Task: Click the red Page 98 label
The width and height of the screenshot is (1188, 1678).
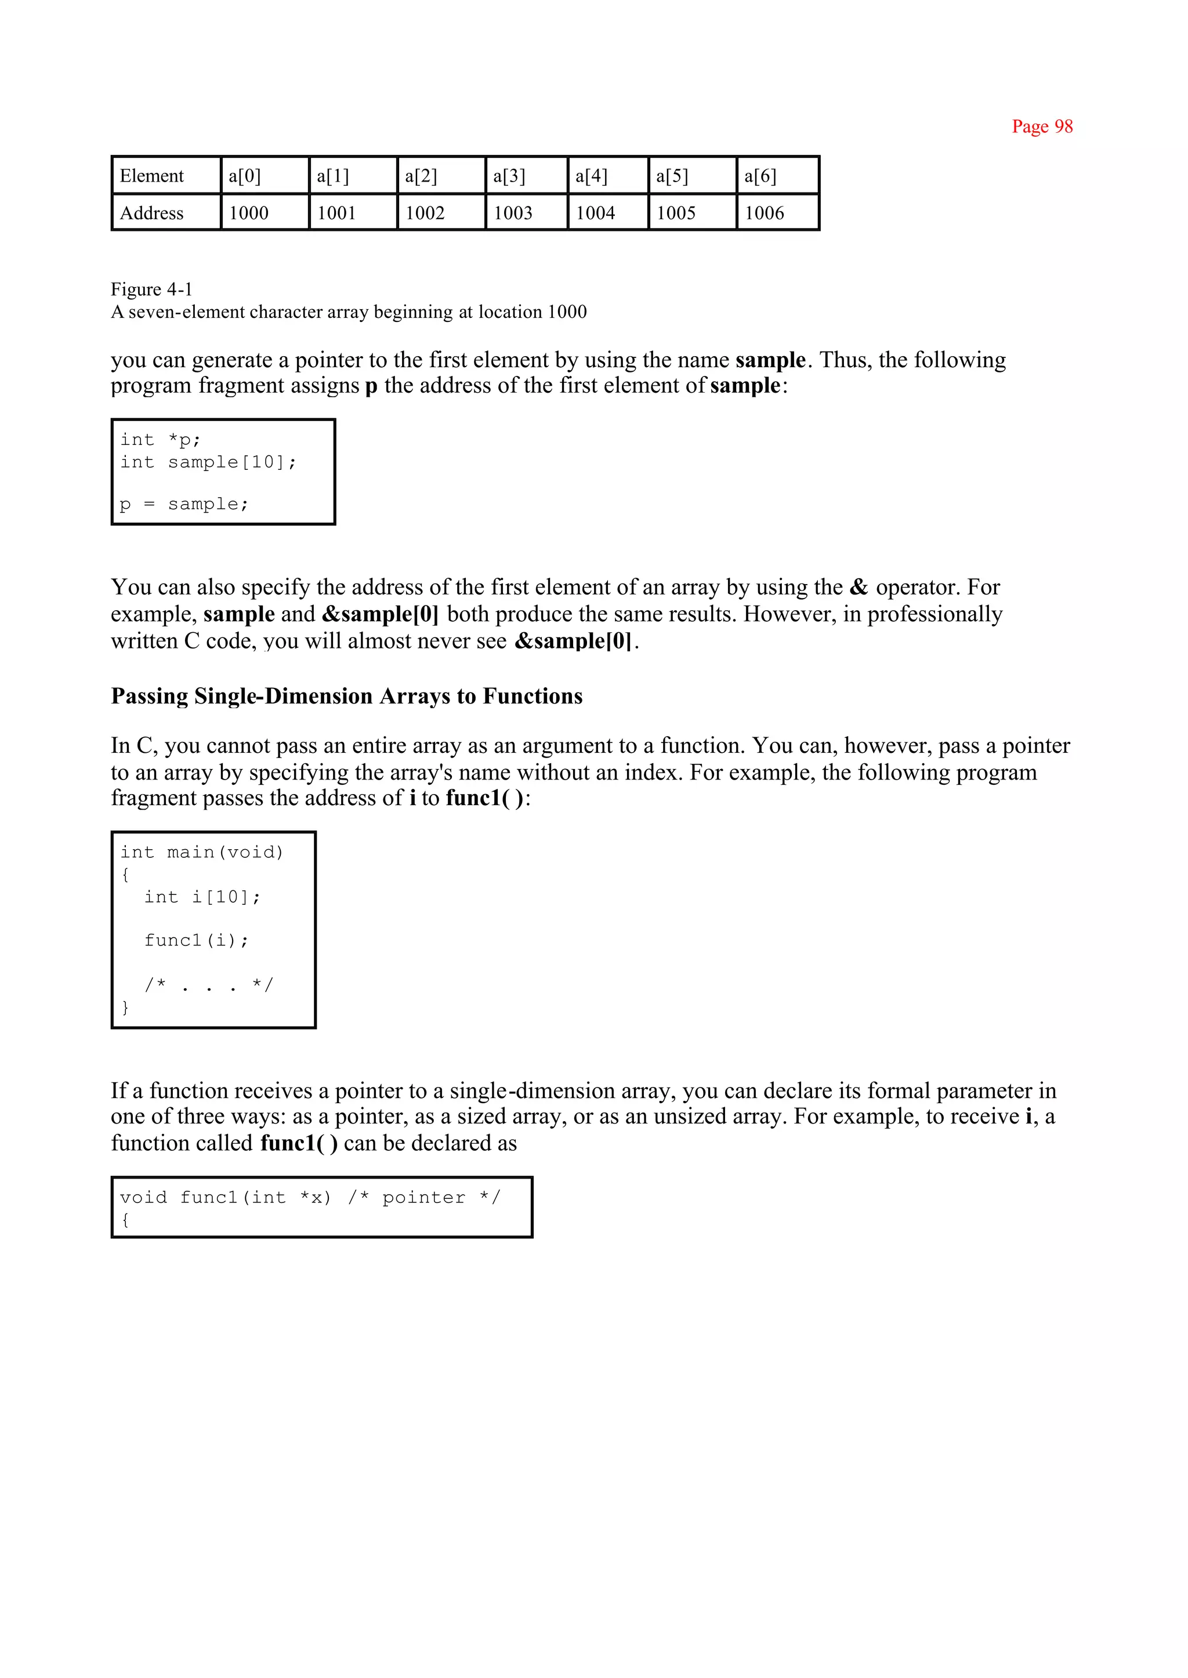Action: pos(1042,126)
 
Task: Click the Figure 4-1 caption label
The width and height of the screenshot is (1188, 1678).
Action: pos(151,289)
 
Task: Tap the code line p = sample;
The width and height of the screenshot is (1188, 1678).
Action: pos(184,504)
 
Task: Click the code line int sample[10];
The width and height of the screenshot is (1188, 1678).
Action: pos(208,462)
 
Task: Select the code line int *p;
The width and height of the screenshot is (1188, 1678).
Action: pos(160,440)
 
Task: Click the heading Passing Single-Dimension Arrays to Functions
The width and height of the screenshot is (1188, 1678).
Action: pos(347,695)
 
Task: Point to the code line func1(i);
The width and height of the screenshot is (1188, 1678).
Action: pos(196,940)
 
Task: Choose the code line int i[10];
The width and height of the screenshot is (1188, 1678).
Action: pos(202,897)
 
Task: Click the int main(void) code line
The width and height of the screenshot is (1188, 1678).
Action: pos(202,852)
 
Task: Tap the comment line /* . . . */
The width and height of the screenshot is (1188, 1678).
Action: pos(208,984)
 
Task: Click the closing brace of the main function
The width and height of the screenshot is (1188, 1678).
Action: pos(125,1007)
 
